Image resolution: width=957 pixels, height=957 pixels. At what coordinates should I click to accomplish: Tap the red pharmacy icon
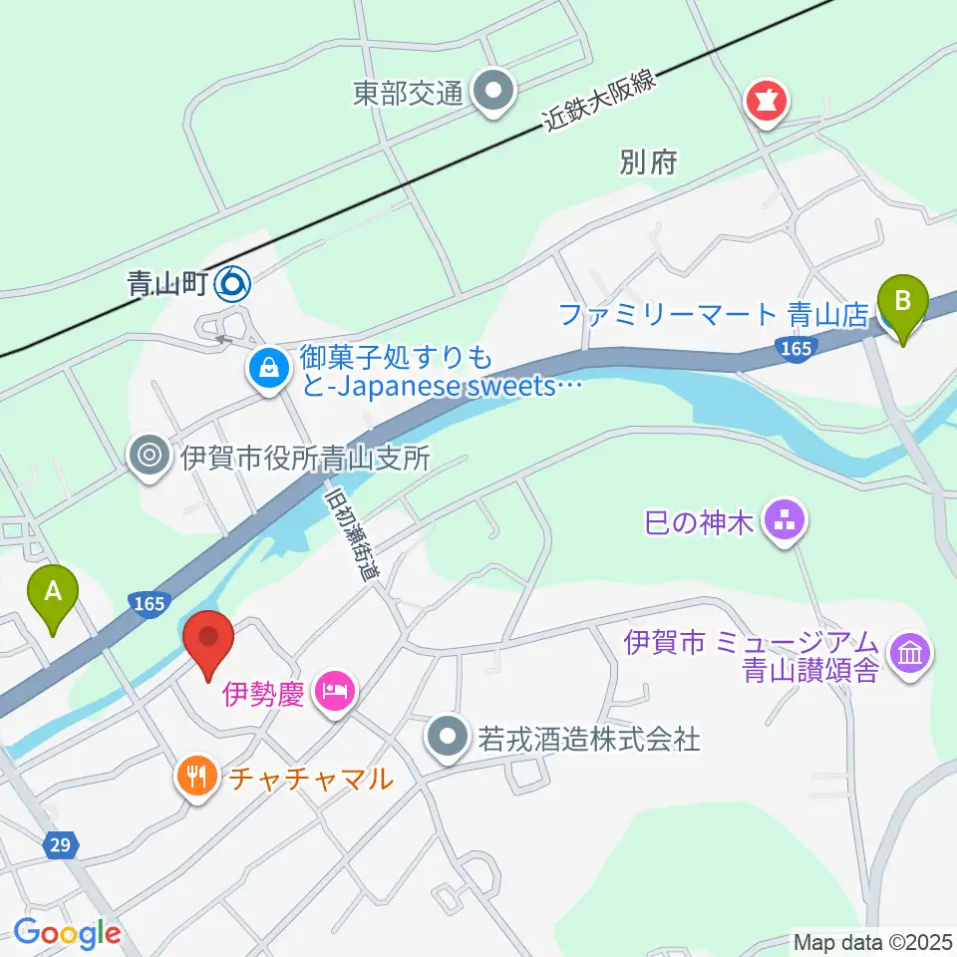point(769,101)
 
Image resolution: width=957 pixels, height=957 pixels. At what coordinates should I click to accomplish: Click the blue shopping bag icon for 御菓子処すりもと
point(269,368)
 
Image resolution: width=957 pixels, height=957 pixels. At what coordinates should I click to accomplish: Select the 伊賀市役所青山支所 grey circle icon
point(150,457)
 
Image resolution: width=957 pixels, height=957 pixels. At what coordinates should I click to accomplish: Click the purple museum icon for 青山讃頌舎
point(911,654)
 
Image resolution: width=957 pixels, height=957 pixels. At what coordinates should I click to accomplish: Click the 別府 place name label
point(648,162)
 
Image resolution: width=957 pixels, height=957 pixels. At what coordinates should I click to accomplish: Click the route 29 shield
point(60,845)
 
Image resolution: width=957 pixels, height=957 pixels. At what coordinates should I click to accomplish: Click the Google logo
point(67,933)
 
